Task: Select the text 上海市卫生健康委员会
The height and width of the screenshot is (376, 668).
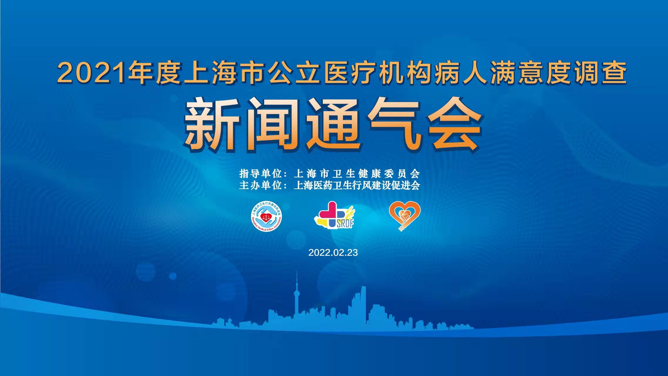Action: coord(357,174)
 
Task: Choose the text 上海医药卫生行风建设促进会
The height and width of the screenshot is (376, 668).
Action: coord(357,186)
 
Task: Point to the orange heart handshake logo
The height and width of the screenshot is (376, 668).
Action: coord(405,216)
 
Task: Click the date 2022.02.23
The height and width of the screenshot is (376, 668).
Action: coord(333,253)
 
